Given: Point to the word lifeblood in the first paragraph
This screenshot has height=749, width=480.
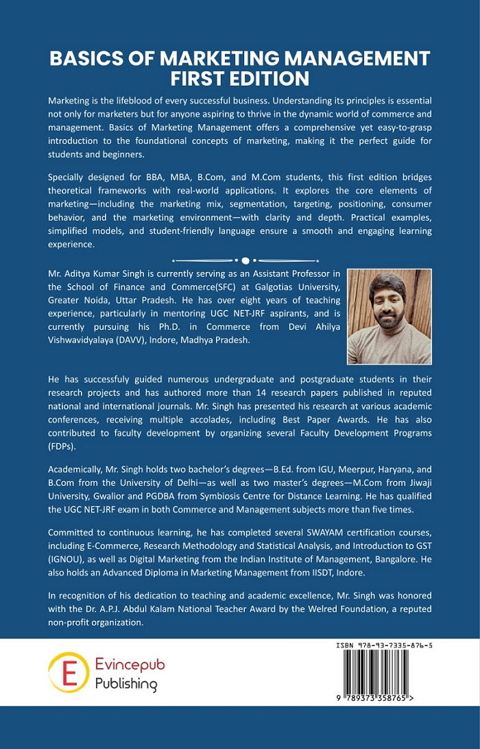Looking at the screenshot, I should pos(142,101).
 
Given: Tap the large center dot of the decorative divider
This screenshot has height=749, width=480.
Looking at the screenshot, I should pos(245,260).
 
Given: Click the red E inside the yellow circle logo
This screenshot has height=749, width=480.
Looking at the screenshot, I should pos(69,672).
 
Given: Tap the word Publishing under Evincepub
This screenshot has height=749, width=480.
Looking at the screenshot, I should pos(125,684).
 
